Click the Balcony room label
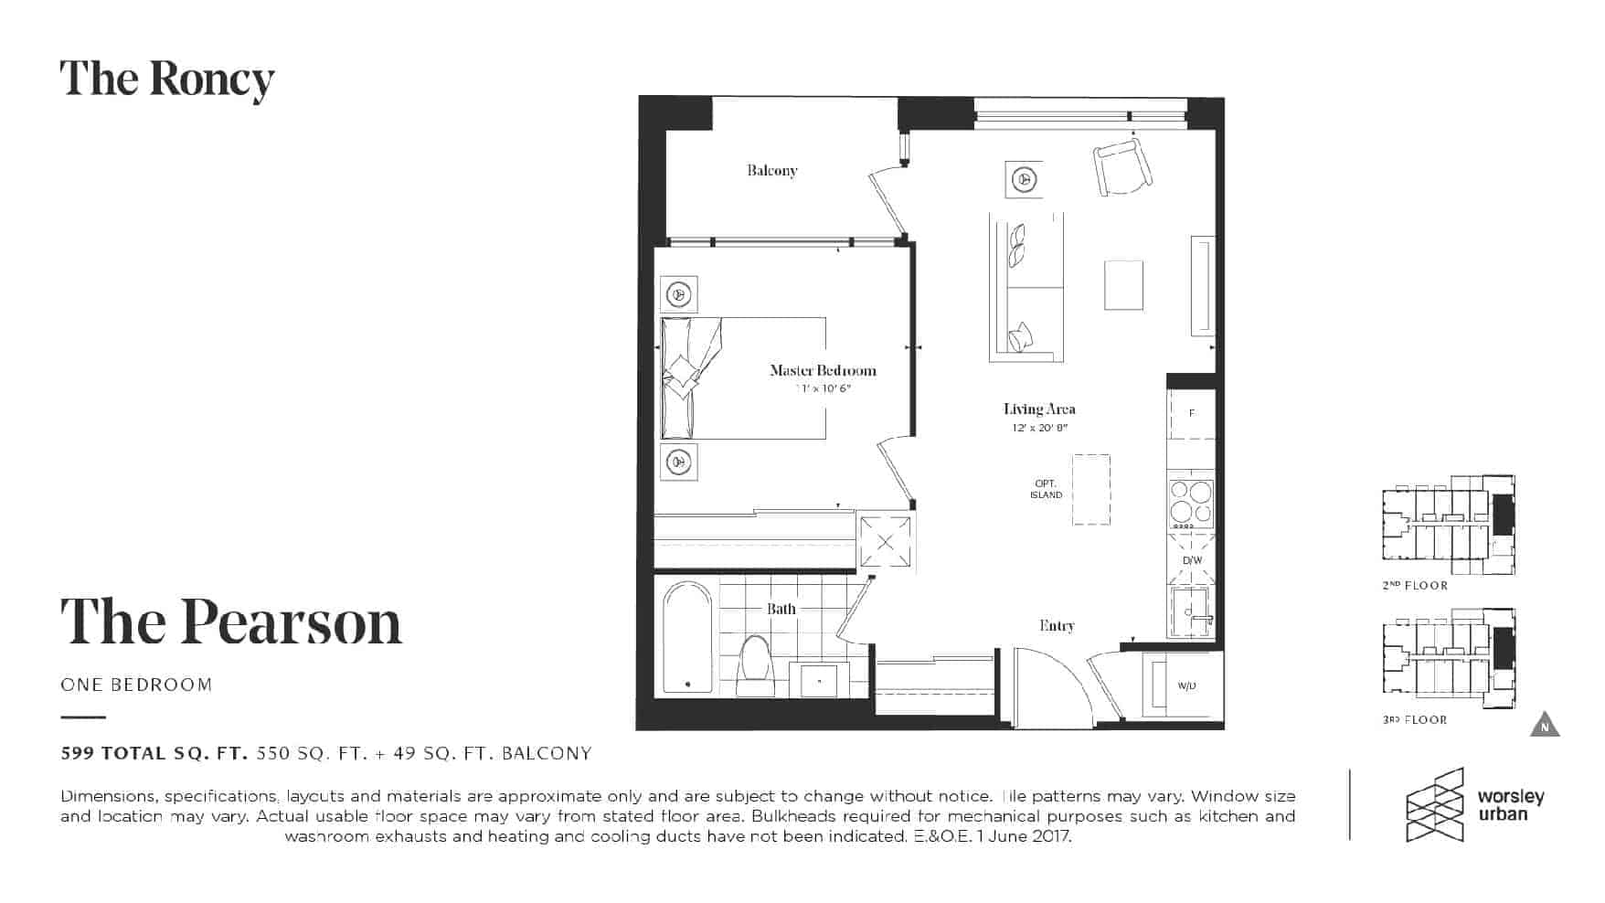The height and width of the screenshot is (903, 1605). pos(771,171)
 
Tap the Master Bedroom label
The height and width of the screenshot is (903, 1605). pos(823,370)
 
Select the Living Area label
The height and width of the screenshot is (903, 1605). pos(1039,409)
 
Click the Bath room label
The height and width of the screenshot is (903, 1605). pos(781,609)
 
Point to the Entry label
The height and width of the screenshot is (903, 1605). pos(1057,626)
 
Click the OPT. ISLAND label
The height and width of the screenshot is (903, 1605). pos(1047,489)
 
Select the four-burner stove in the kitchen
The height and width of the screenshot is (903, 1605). pos(1192,504)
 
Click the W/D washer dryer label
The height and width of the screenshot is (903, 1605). pos(1186,685)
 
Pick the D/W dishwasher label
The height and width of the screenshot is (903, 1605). pos(1192,560)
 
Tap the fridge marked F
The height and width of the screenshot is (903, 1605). pos(1192,413)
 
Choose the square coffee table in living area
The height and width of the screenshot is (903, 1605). pos(1123,285)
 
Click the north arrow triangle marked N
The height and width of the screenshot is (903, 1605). pos(1545,724)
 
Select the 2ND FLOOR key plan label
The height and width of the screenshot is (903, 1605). pos(1415,586)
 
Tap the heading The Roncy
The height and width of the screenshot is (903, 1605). pos(167,80)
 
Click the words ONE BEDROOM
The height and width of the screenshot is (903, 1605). pos(136,685)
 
